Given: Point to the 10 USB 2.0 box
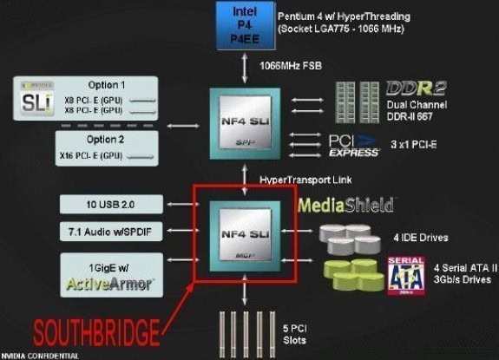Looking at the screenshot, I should pos(110,205).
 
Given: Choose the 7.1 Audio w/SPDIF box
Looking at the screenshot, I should pos(110,233).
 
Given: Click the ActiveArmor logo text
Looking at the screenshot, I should pos(110,283).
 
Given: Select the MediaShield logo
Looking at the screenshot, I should pos(345,206).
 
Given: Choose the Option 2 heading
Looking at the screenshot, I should pos(106,140).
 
